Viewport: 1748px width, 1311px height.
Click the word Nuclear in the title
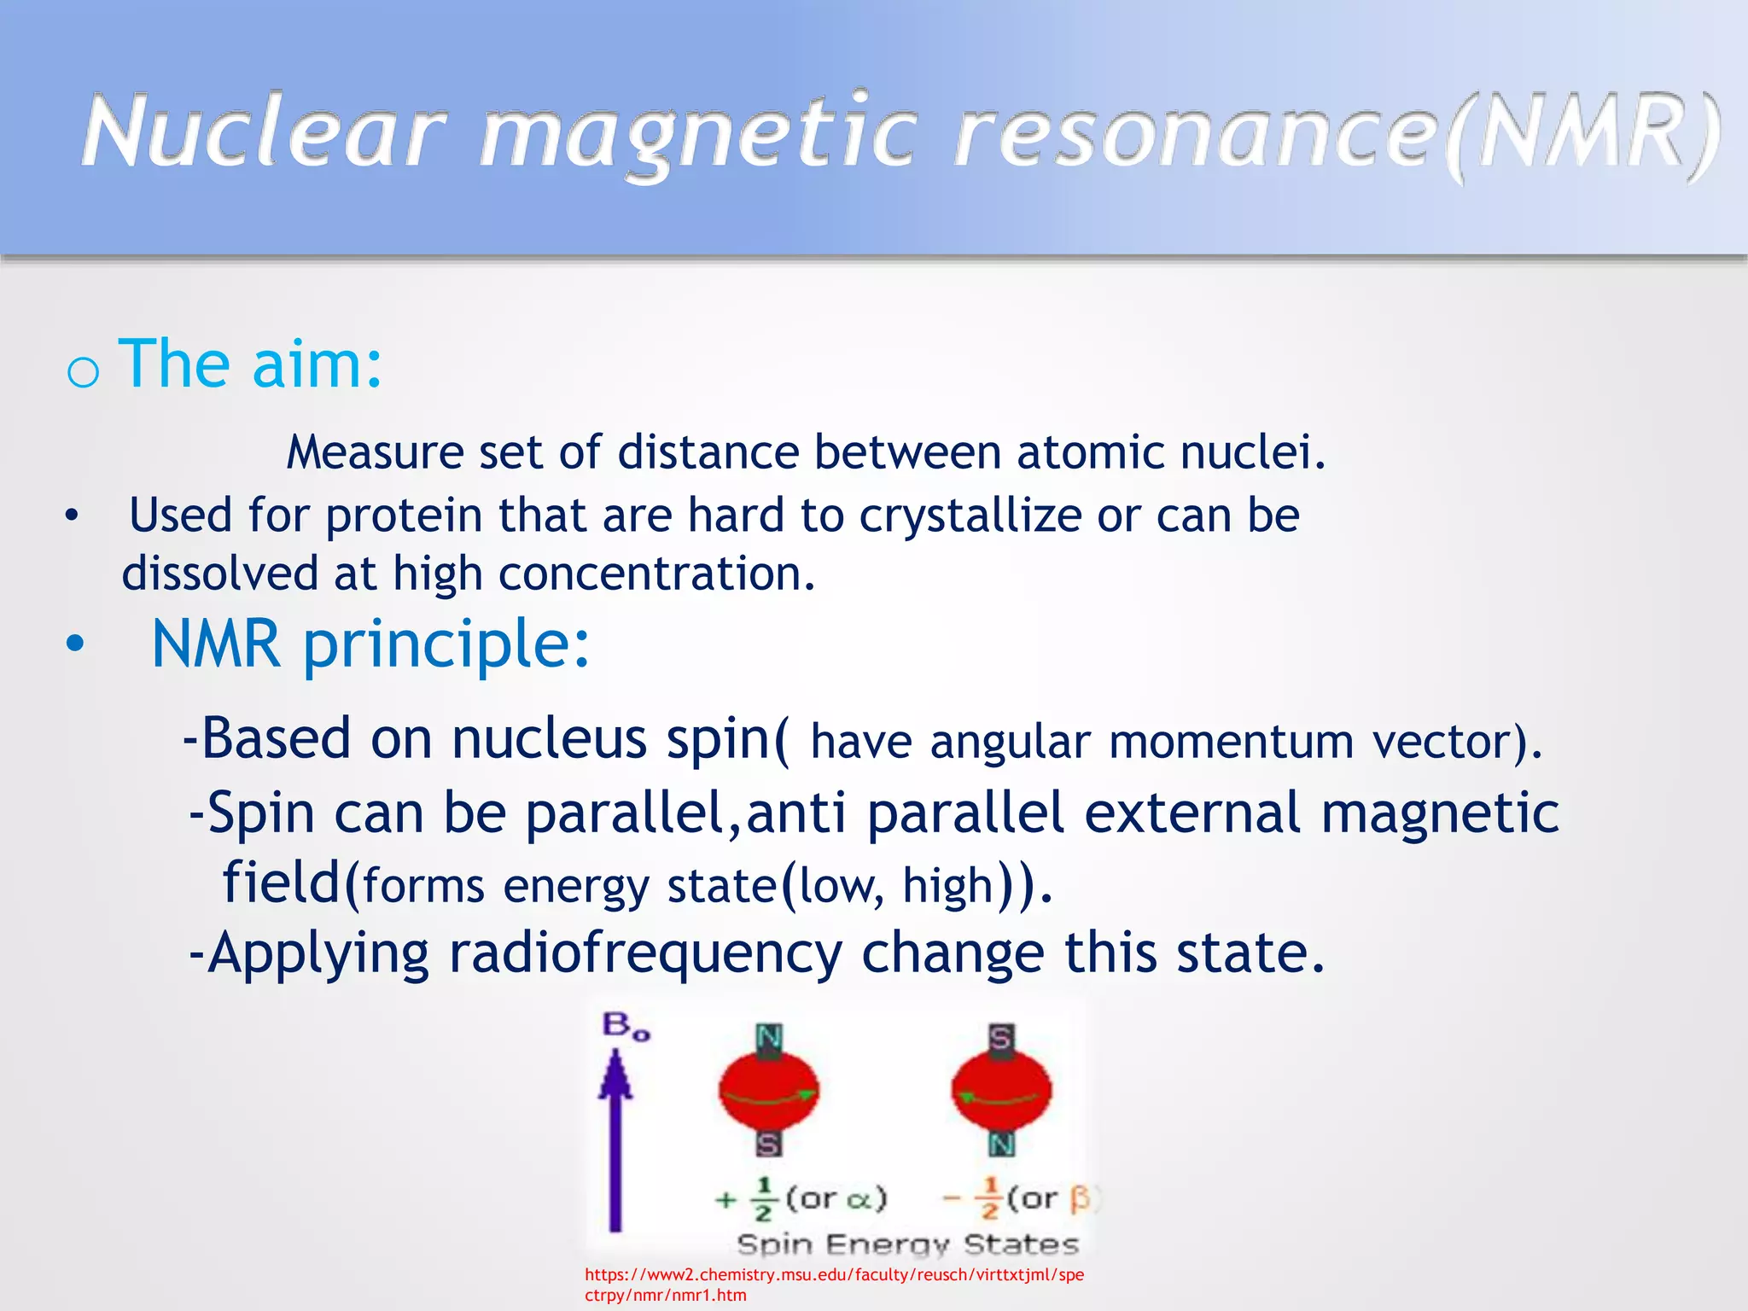pyautogui.click(x=265, y=132)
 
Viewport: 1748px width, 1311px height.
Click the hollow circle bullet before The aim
pyautogui.click(x=83, y=372)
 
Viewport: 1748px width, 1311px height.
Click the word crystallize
pyautogui.click(x=970, y=516)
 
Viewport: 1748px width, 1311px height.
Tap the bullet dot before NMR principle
pyautogui.click(x=75, y=644)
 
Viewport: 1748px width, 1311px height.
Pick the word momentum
pyautogui.click(x=1231, y=742)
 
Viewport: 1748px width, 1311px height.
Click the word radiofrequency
pyautogui.click(x=645, y=953)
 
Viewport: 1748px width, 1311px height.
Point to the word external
pyautogui.click(x=1192, y=813)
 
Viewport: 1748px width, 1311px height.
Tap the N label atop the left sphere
pyautogui.click(x=769, y=1038)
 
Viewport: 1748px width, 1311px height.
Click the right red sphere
pyautogui.click(x=1001, y=1092)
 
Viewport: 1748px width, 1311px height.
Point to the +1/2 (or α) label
pyautogui.click(x=801, y=1199)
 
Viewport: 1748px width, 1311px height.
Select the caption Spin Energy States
pyautogui.click(x=907, y=1244)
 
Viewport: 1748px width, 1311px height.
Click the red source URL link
pyautogui.click(x=834, y=1285)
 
